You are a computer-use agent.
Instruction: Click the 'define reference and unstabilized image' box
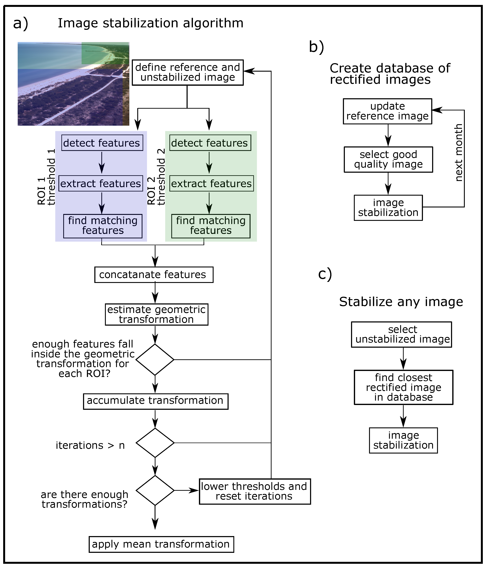pos(188,72)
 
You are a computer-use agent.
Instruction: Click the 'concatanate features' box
pos(154,274)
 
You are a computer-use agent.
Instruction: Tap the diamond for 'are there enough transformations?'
pos(155,490)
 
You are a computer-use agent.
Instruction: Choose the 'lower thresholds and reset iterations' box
pos(255,491)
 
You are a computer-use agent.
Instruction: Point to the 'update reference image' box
pos(387,111)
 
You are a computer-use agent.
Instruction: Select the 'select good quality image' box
pos(388,159)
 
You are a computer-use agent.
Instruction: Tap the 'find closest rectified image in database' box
pos(403,387)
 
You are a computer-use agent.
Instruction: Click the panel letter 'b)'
pos(316,46)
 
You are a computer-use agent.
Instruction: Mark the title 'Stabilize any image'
pos(401,301)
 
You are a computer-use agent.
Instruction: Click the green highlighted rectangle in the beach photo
pos(105,53)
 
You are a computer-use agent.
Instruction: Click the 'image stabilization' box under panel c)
pos(403,440)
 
